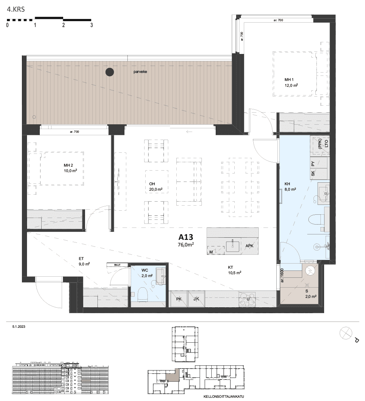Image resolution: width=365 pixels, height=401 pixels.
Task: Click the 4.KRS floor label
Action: tap(16, 9)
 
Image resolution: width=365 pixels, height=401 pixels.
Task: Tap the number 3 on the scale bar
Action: tap(92, 25)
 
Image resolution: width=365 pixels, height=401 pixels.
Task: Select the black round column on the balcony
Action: tap(109, 72)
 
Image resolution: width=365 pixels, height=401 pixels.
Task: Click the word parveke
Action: tap(140, 71)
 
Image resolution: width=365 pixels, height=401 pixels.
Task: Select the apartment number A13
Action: tap(186, 237)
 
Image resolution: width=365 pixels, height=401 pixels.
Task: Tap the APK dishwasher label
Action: tap(249, 246)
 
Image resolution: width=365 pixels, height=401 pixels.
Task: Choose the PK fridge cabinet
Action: tap(179, 299)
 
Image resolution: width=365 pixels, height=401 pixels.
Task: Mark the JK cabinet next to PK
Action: tap(196, 299)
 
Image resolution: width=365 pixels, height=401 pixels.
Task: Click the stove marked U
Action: tap(247, 299)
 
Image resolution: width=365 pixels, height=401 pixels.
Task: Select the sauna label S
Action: tap(307, 291)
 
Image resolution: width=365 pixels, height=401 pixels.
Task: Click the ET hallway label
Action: tap(81, 258)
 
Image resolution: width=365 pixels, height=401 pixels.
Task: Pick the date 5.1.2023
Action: tap(19, 327)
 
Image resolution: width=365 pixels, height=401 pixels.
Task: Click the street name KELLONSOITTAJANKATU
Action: tap(224, 397)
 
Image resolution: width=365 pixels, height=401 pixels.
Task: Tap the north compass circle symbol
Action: tap(346, 333)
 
